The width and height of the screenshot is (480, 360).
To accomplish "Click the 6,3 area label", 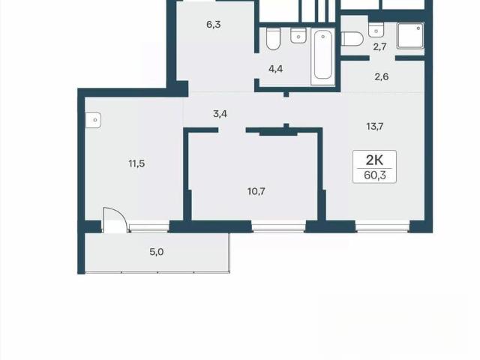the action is [x=213, y=24].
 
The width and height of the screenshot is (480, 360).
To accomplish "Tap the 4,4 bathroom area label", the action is [x=275, y=69].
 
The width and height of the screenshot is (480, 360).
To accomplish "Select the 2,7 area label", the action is [x=379, y=46].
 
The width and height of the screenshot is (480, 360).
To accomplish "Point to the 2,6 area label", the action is [x=382, y=76].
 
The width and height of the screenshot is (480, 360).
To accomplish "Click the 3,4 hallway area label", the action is [x=220, y=114].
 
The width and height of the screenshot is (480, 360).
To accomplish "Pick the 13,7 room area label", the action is [x=375, y=126].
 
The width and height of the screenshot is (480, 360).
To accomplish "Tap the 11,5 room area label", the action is [x=136, y=163].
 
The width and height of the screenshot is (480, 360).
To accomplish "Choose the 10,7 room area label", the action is [x=256, y=191].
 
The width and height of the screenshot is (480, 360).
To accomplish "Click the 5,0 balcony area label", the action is [x=156, y=252].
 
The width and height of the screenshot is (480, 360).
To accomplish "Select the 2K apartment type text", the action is [x=375, y=160].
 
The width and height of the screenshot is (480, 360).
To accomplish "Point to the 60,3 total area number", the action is [x=375, y=175].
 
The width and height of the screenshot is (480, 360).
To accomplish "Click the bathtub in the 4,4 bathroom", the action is [x=323, y=57].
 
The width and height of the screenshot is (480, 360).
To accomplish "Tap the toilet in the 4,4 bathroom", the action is [x=273, y=38].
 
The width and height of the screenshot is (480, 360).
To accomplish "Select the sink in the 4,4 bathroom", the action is [x=298, y=35].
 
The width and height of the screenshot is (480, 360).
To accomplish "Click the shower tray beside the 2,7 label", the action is [x=410, y=35].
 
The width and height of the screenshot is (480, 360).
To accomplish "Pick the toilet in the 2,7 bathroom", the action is [x=352, y=39].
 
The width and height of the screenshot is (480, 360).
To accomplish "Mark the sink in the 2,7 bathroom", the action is [x=376, y=30].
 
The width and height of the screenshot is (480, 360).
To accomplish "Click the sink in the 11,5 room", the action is [x=93, y=120].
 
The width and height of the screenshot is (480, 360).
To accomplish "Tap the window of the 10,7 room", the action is [x=279, y=227].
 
